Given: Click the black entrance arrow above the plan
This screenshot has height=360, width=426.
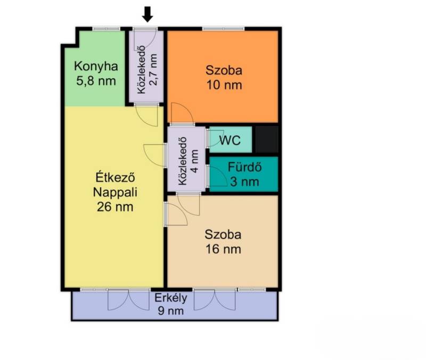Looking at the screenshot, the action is [148, 14].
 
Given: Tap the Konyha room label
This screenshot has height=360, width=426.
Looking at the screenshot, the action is [96, 67].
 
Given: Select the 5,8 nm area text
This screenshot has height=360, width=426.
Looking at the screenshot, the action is [96, 81].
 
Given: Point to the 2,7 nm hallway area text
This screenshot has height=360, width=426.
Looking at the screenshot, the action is [153, 70].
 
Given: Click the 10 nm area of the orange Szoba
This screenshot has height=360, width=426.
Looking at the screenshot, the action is [224, 85].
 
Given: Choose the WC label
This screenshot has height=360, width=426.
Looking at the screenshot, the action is [230, 141].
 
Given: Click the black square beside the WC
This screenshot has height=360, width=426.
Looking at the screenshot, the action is [267, 139].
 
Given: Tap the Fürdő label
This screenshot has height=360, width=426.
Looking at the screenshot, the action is [244, 167].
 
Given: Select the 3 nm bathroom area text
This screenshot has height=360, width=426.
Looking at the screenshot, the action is [244, 182].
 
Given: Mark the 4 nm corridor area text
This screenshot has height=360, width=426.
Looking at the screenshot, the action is [195, 161].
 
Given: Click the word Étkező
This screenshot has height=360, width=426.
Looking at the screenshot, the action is [115, 178].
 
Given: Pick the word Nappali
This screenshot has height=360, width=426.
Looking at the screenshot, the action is [115, 193].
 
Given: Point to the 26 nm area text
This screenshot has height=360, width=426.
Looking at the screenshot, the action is [115, 207].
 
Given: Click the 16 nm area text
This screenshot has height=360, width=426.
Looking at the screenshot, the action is [223, 249].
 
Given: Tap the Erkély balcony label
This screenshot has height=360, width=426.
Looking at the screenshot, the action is [171, 298].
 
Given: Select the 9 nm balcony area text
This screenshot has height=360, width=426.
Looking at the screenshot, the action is [171, 310].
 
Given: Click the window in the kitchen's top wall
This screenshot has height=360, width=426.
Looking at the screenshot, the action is [106, 29].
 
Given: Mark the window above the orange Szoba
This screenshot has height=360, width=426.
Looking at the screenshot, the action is [223, 29].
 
